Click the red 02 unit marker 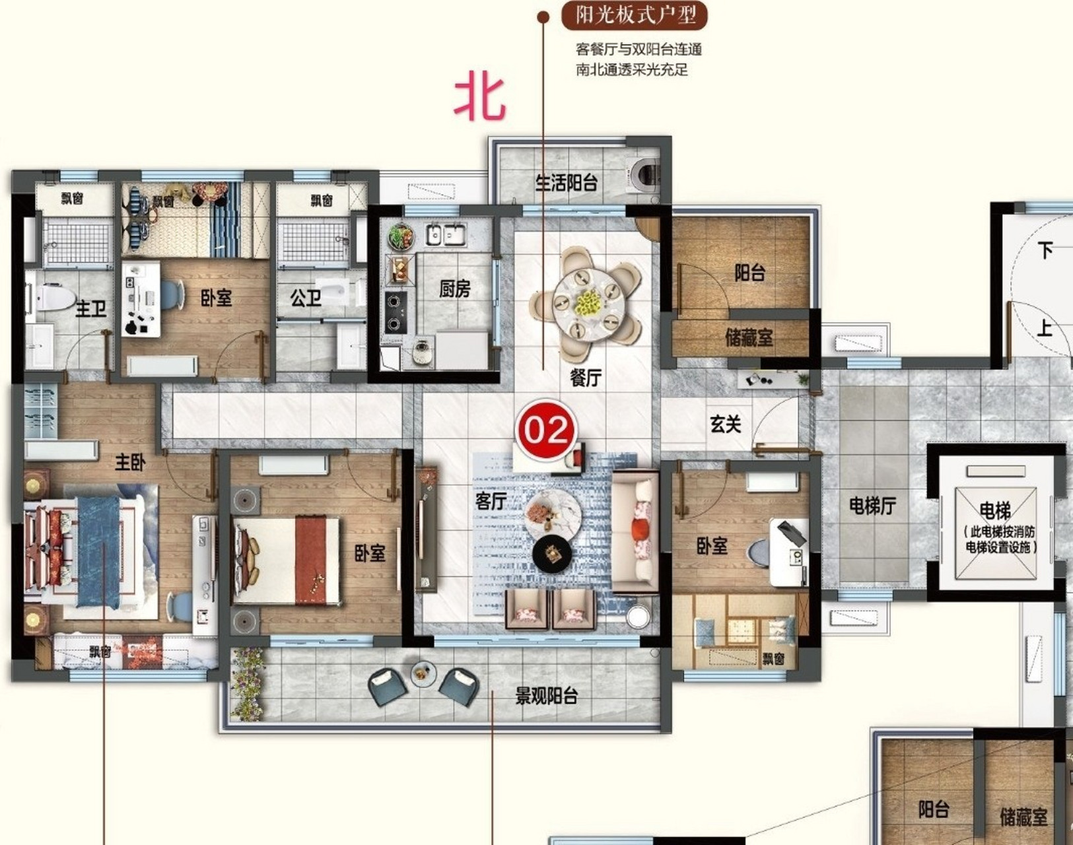[x=546, y=429]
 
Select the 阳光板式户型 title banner [x=635, y=16]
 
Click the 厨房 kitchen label [x=455, y=288]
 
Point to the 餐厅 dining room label [x=586, y=378]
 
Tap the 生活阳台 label [x=567, y=183]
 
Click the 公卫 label [x=306, y=298]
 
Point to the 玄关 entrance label [x=726, y=424]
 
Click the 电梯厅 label [x=872, y=506]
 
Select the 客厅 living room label [x=491, y=501]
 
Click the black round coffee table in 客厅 [x=552, y=554]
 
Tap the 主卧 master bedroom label [x=130, y=462]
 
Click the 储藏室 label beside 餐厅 [x=749, y=337]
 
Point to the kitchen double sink [x=446, y=234]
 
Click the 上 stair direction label [x=1045, y=328]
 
